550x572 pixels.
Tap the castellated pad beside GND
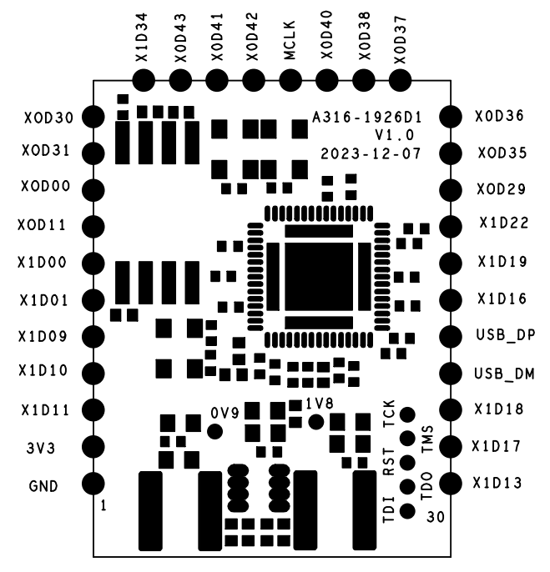click(x=93, y=484)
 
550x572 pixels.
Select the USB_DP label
click(x=505, y=335)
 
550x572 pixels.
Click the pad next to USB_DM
click(x=452, y=373)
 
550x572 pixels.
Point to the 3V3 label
click(x=39, y=448)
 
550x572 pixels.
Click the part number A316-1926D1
click(x=366, y=118)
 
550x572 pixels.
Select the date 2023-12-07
click(x=371, y=154)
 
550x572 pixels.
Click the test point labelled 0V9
click(x=215, y=431)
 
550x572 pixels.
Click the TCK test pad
click(x=407, y=414)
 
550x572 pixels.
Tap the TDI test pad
click(x=407, y=510)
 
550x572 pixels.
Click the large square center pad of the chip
click(x=311, y=275)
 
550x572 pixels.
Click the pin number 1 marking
click(x=103, y=505)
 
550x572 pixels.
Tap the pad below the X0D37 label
click(x=400, y=79)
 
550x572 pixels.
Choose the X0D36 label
click(x=498, y=117)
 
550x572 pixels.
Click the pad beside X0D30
click(x=93, y=118)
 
